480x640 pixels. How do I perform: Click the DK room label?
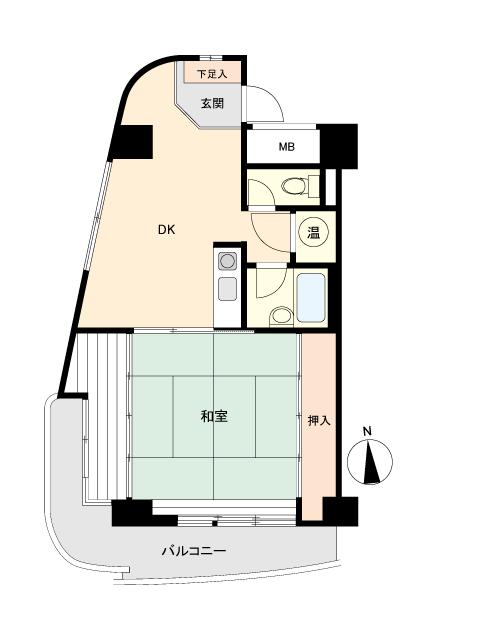coord(167,230)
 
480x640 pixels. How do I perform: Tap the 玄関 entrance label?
coord(212,103)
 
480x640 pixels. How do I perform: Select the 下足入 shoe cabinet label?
coord(212,74)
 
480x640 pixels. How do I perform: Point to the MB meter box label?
coord(287,147)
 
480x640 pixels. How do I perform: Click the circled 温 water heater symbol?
coord(313,233)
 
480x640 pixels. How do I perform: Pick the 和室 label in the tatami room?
coord(214,416)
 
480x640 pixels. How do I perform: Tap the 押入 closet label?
coord(319,420)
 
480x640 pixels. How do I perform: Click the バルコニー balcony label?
coord(194,551)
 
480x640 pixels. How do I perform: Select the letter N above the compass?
coord(368,431)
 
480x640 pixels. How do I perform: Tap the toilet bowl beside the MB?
coord(294,187)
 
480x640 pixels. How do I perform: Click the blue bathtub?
coord(311,297)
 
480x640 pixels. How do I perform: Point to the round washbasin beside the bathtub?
coord(281,316)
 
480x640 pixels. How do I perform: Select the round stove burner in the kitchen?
coord(227,261)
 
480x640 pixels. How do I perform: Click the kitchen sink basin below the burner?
coord(227,289)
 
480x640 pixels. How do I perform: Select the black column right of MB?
coord(338,146)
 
